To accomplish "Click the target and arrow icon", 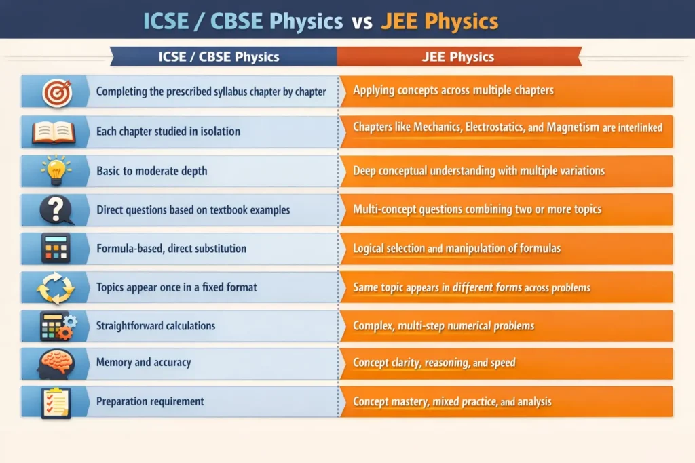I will pos(56,92).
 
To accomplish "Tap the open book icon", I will pos(54,132).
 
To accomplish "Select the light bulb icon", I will pos(55,169).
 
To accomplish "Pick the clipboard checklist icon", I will pos(56,401).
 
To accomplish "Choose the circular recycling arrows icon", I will pos(55,287).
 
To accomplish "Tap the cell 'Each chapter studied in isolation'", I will pos(168,131).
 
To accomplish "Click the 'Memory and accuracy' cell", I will pos(143,362).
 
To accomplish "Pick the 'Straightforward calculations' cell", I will pos(155,325).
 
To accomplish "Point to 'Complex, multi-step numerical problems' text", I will pos(443,325).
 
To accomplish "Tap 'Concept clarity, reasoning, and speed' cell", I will pos(434,363).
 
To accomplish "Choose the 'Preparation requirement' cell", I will pos(150,401).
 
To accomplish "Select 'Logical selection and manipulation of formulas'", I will pos(457,248).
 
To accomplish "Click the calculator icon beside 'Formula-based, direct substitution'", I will pos(56,248).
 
